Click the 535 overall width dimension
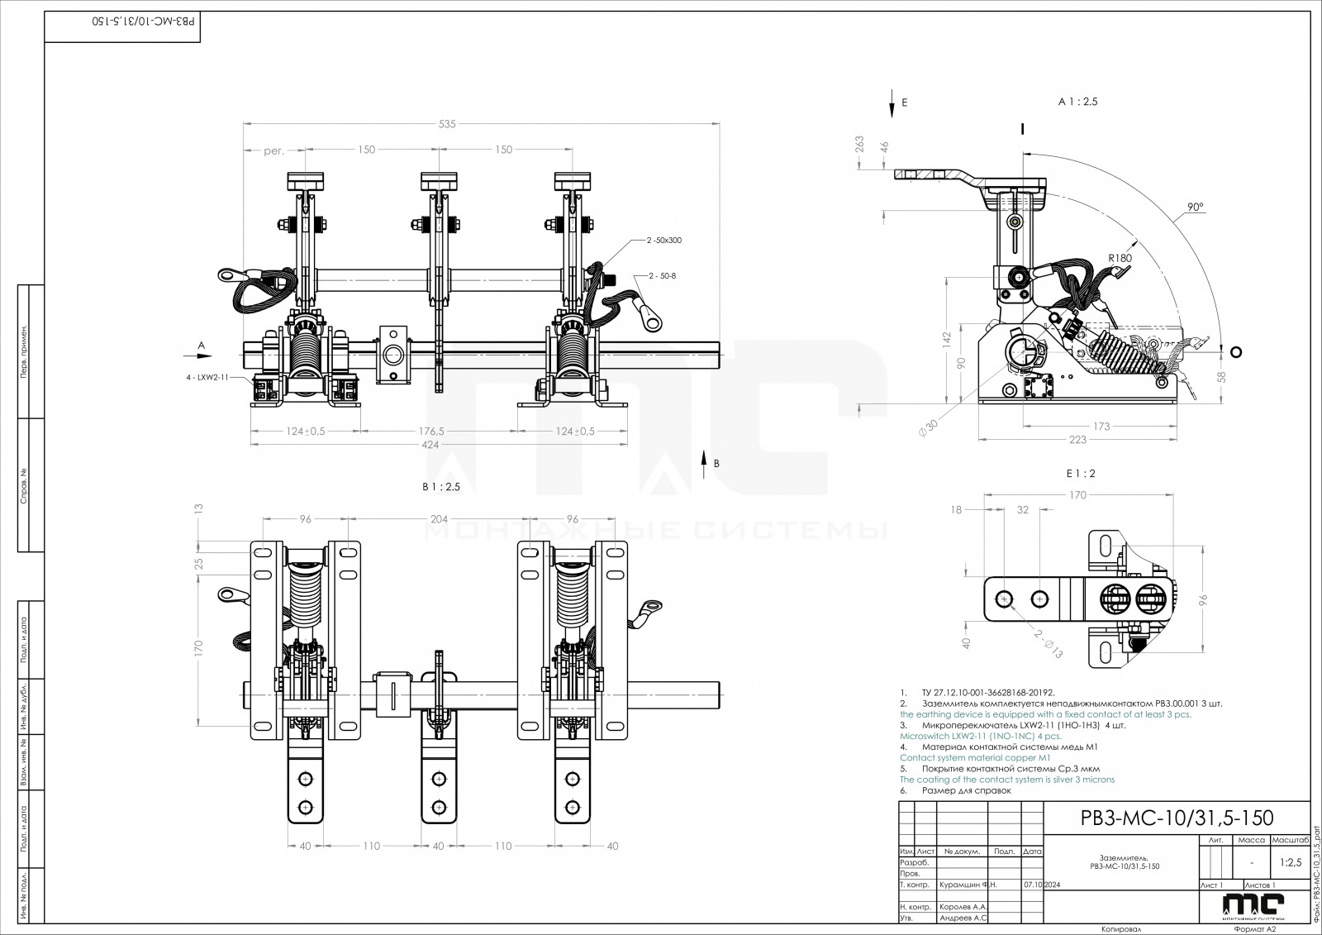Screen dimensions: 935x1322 [447, 124]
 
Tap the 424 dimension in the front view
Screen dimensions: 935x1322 [430, 445]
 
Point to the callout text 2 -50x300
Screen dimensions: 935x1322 [664, 240]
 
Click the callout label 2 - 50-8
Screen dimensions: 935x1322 [663, 274]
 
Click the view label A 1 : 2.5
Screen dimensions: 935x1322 [1078, 102]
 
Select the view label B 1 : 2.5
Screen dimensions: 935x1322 [440, 487]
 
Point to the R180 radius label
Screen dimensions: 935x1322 [1121, 258]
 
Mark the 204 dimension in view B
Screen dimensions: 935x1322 [439, 519]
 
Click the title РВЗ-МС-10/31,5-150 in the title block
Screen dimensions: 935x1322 [1177, 818]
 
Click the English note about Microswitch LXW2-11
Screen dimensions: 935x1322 [980, 735]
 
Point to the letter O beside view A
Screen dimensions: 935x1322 [1235, 352]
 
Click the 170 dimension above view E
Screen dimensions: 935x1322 [1077, 496]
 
